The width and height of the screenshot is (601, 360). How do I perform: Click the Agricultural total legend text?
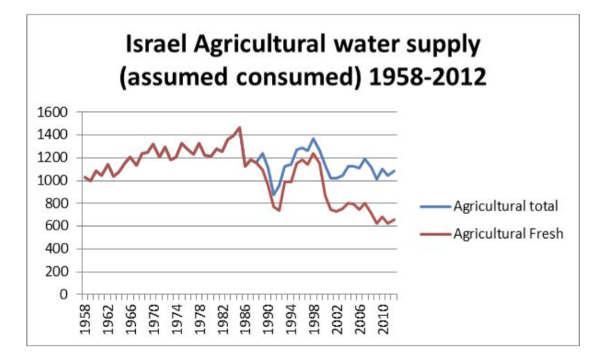[x=505, y=206]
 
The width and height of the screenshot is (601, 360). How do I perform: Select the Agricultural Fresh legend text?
[x=508, y=233]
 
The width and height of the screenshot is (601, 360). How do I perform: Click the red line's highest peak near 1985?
[x=240, y=127]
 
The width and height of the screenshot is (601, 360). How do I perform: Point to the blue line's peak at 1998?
[x=313, y=138]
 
